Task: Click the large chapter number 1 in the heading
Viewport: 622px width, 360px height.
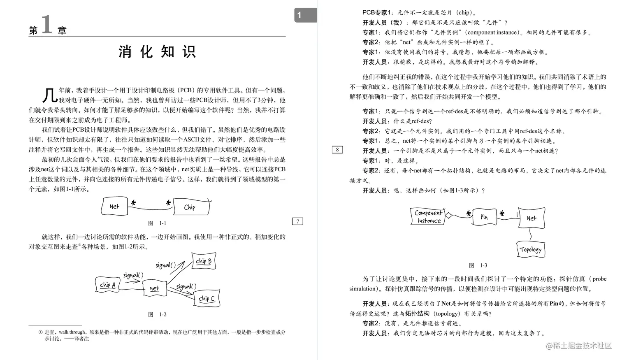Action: pyautogui.click(x=46, y=24)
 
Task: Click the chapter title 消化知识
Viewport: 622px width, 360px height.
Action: pyautogui.click(x=157, y=52)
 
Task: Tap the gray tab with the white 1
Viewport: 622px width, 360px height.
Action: pyautogui.click(x=305, y=15)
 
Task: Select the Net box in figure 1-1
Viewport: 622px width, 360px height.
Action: pyautogui.click(x=114, y=206)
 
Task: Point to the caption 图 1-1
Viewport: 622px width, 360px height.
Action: pyautogui.click(x=157, y=223)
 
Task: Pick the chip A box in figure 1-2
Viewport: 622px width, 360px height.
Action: pyautogui.click(x=107, y=285)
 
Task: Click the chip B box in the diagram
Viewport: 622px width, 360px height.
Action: pyautogui.click(x=204, y=261)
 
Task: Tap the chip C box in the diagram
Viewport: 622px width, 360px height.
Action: pyautogui.click(x=207, y=298)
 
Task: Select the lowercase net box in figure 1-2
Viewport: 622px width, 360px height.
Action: pyautogui.click(x=154, y=288)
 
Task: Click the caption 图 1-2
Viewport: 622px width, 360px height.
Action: pyautogui.click(x=157, y=314)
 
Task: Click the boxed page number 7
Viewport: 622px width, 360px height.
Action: pyautogui.click(x=297, y=221)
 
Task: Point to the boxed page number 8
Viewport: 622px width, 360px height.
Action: pyautogui.click(x=337, y=150)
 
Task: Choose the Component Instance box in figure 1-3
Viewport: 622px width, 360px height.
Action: pyautogui.click(x=428, y=216)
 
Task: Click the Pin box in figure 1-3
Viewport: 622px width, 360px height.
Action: pyautogui.click(x=484, y=217)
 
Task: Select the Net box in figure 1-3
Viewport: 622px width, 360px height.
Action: pyautogui.click(x=531, y=218)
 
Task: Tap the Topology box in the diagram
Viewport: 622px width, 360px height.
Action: pyautogui.click(x=531, y=249)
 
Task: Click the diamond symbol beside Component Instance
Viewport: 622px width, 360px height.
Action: pyautogui.click(x=449, y=215)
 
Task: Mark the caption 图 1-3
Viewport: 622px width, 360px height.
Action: pyautogui.click(x=478, y=265)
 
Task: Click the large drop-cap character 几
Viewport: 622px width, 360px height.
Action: pyautogui.click(x=49, y=95)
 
